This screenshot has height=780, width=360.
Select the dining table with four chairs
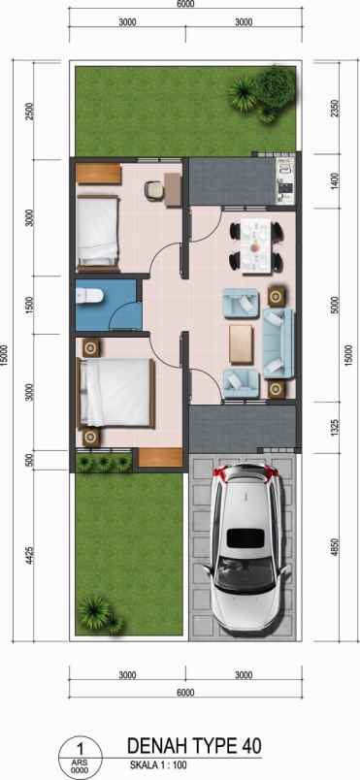click(x=256, y=246)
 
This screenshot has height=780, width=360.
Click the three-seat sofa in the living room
click(x=277, y=343)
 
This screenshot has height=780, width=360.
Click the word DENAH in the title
click(x=156, y=745)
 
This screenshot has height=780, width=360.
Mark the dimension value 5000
click(x=335, y=305)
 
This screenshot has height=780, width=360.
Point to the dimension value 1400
click(x=335, y=181)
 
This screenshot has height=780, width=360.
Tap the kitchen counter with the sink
click(x=283, y=179)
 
